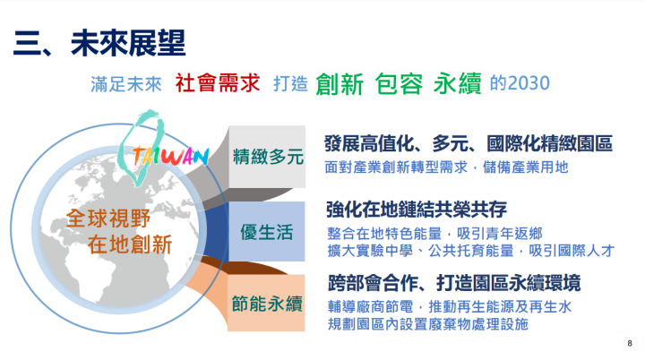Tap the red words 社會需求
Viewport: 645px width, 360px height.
tap(217, 83)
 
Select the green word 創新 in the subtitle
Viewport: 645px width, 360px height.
tap(340, 84)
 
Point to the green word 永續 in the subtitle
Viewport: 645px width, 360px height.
tap(457, 84)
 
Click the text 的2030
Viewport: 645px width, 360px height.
tap(520, 83)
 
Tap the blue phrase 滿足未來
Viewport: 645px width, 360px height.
tap(125, 84)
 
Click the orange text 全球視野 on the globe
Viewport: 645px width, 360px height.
tap(114, 218)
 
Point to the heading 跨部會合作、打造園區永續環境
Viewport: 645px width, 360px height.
tap(454, 283)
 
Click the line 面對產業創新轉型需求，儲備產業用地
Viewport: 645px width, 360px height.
tap(447, 167)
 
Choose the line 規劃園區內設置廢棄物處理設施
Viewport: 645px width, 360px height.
tap(427, 323)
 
